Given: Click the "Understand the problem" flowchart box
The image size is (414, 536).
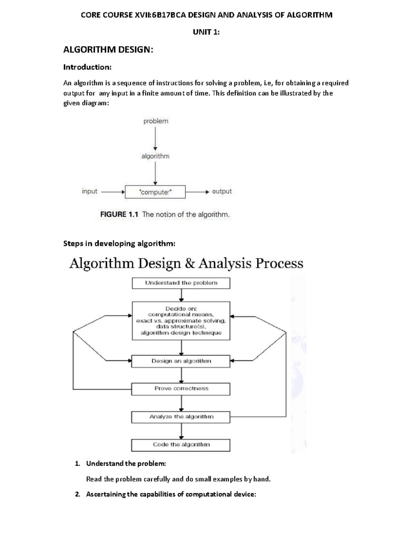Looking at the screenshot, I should (181, 283).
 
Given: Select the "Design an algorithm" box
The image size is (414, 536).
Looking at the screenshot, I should (181, 361).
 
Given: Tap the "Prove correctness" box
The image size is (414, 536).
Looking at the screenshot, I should (181, 389).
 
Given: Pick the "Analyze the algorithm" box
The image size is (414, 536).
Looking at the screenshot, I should (181, 417).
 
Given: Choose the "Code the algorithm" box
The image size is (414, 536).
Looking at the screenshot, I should (181, 445).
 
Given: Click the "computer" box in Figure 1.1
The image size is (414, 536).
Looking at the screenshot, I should (155, 192).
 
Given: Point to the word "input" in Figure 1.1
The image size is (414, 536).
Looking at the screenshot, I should (89, 191).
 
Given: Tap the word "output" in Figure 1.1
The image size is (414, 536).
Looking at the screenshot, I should (222, 191).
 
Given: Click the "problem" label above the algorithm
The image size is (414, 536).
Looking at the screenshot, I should (156, 121).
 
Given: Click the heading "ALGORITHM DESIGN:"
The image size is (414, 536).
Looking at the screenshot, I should (108, 50).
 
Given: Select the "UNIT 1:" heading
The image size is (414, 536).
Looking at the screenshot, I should (206, 32).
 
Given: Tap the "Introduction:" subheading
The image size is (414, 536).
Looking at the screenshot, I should (87, 67).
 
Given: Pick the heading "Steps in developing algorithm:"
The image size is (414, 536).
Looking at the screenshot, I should (119, 244).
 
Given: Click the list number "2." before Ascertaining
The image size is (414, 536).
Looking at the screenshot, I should (77, 494).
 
